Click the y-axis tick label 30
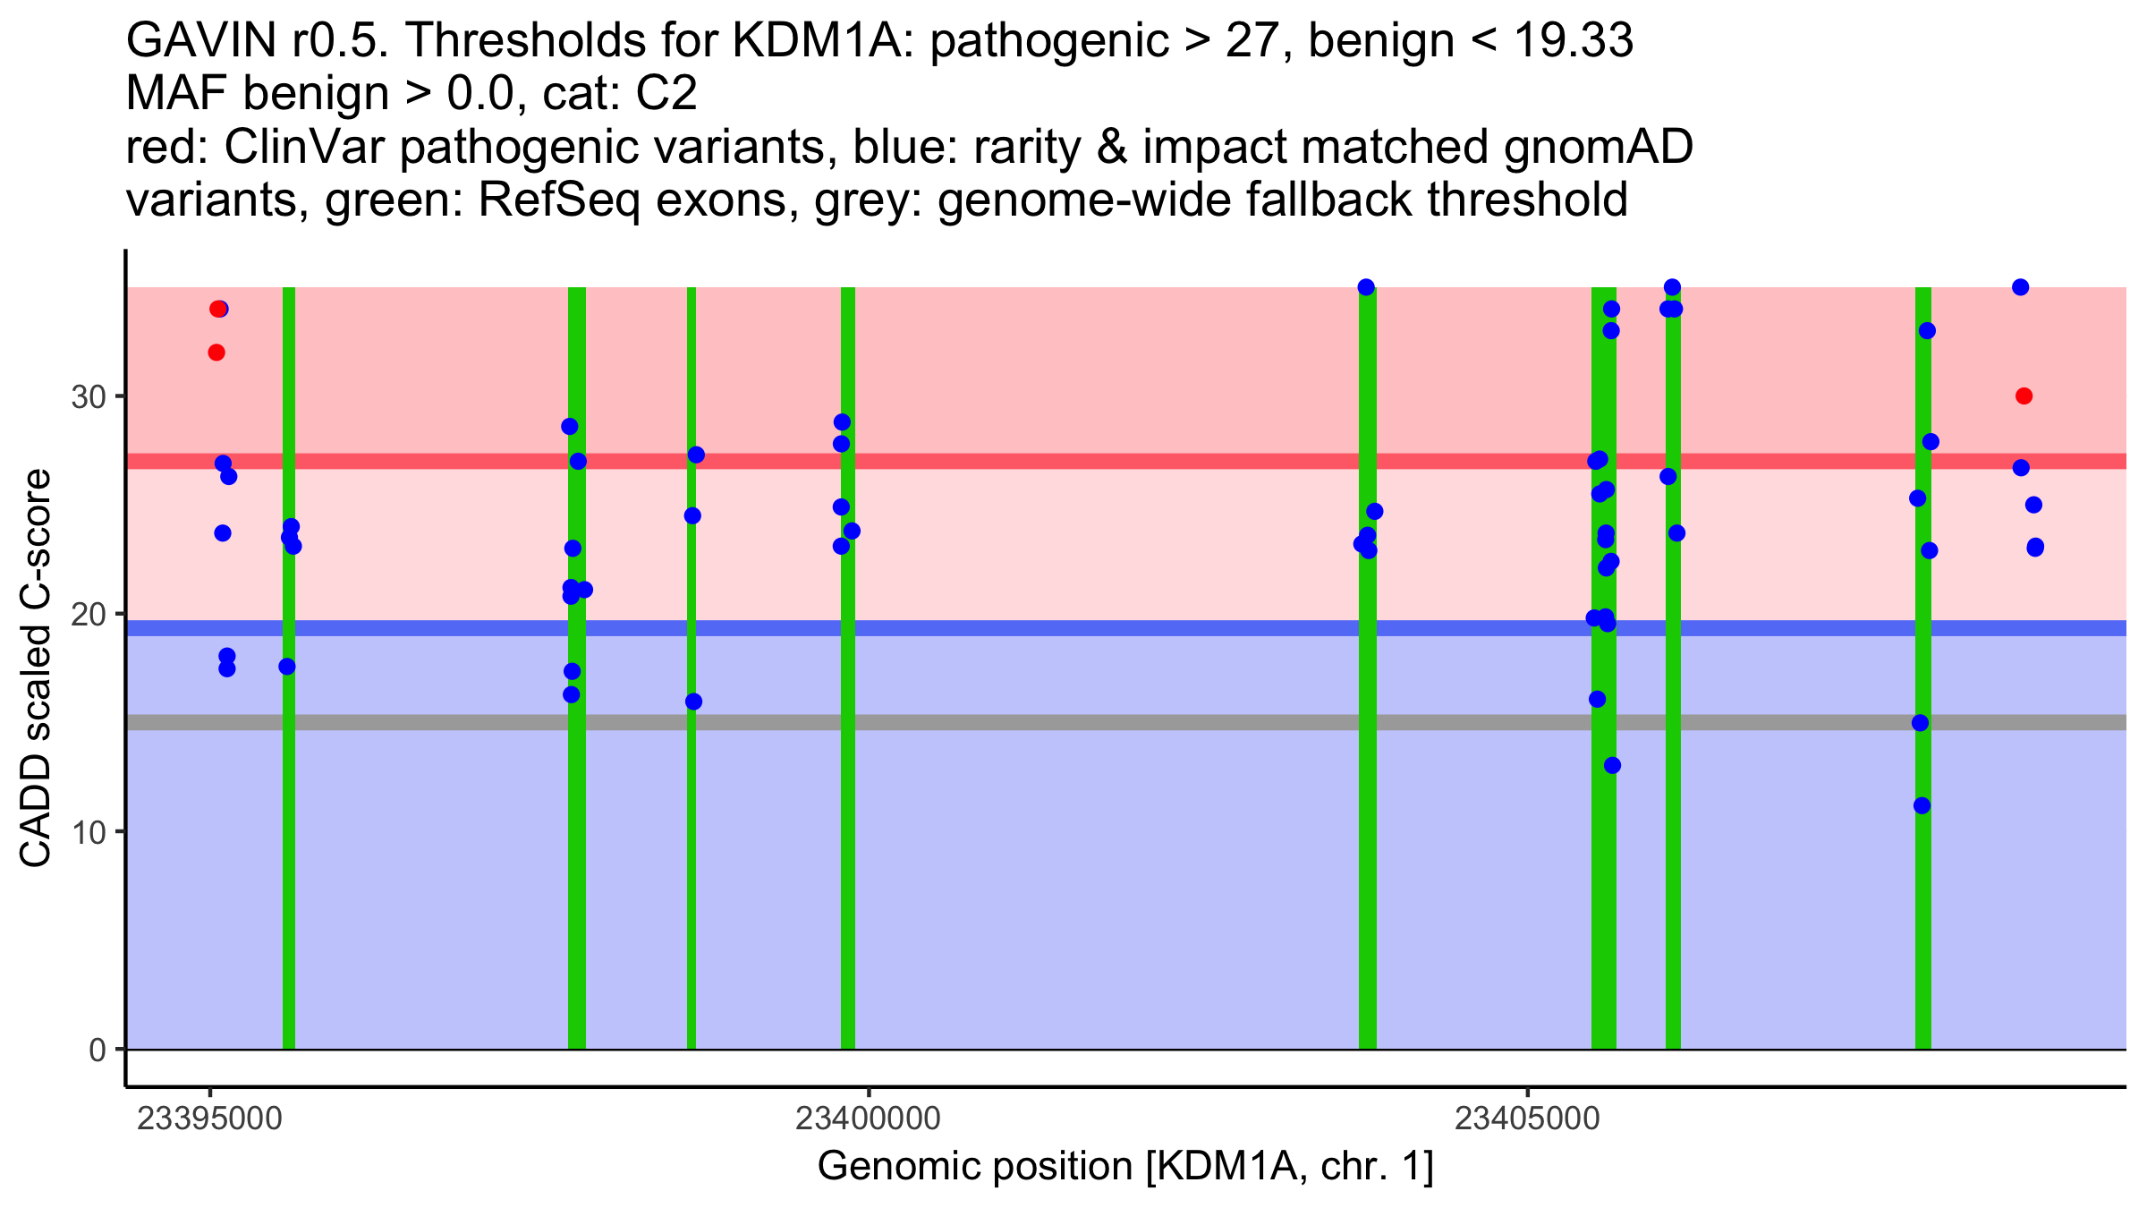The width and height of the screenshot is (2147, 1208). pyautogui.click(x=88, y=396)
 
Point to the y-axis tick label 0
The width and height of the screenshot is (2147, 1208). pyautogui.click(x=97, y=1050)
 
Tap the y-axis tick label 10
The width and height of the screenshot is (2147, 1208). pyautogui.click(x=88, y=832)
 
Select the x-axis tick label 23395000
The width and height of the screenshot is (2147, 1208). pyautogui.click(x=209, y=1119)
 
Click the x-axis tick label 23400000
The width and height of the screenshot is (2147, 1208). pyautogui.click(x=868, y=1119)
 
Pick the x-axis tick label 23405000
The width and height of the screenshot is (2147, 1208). pyautogui.click(x=1527, y=1119)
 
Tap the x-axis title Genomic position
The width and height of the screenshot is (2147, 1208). pyautogui.click(x=1124, y=1167)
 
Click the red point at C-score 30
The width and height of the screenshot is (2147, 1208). pyautogui.click(x=2024, y=396)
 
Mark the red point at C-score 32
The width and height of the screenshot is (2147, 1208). pyautogui.click(x=216, y=353)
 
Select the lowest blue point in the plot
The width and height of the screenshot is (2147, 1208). pyautogui.click(x=1922, y=806)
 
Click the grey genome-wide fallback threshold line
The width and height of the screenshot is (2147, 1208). pyautogui.click(x=1073, y=722)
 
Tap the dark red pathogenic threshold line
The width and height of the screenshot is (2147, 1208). pyautogui.click(x=1073, y=461)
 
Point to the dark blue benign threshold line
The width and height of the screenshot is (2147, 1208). pyautogui.click(x=1073, y=628)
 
